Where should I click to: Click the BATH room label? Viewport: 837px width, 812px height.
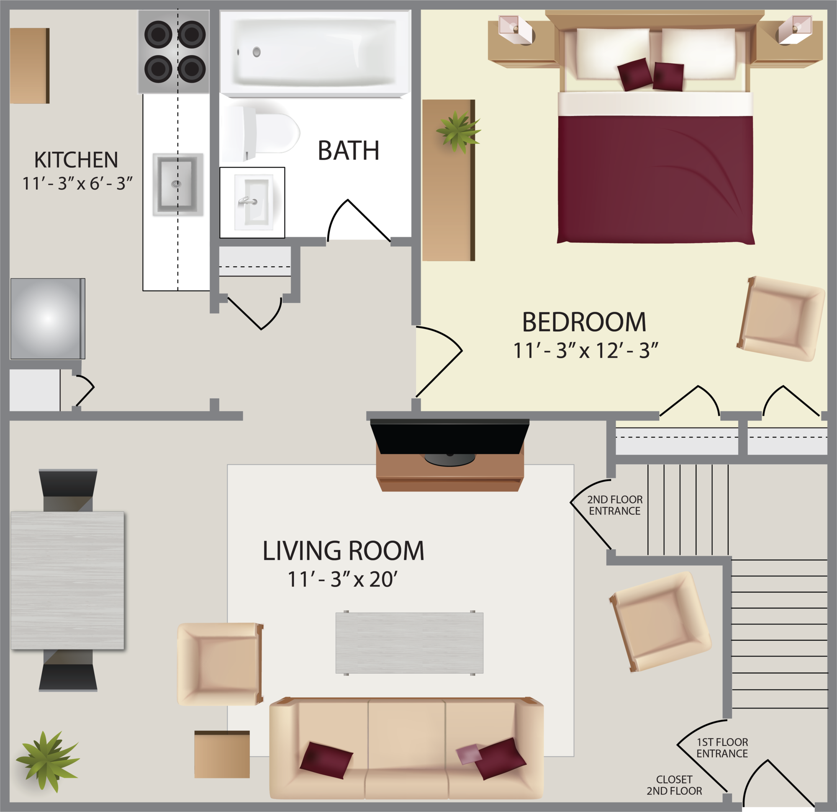click(349, 150)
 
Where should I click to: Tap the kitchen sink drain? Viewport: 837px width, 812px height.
click(176, 184)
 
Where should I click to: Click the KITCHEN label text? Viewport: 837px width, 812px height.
click(76, 160)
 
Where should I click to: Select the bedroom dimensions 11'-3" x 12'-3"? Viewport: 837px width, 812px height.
click(585, 351)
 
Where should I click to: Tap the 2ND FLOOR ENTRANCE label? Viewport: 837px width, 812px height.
click(614, 505)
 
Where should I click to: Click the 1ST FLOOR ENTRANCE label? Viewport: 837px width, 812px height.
click(722, 748)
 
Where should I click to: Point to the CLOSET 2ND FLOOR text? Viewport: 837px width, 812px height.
click(674, 786)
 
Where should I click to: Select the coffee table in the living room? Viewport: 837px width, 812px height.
click(409, 643)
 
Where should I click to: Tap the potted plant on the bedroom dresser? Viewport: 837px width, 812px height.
click(458, 131)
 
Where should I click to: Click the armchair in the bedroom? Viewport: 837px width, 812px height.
click(781, 319)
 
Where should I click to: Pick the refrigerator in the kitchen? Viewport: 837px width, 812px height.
click(47, 319)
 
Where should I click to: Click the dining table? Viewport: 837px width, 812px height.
click(67, 580)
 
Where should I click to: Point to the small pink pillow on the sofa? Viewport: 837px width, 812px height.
click(468, 754)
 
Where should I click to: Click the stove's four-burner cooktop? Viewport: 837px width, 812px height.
click(174, 51)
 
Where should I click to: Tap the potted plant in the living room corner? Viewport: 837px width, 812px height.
click(47, 760)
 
